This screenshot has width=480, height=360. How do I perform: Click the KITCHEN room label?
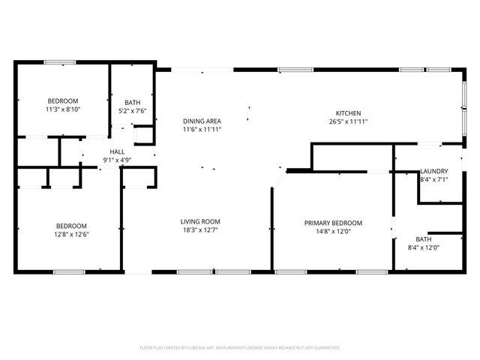click(348, 112)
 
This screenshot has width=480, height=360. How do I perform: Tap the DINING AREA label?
click(202, 120)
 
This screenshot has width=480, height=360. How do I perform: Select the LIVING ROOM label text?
click(200, 221)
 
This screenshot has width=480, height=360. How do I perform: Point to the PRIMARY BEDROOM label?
click(333, 223)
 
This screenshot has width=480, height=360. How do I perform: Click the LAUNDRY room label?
click(434, 171)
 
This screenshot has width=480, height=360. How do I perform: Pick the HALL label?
click(117, 151)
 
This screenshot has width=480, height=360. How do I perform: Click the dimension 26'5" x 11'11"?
click(348, 121)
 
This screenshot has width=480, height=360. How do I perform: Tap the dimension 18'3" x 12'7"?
click(200, 230)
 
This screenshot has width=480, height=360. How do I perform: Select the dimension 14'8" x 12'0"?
click(333, 232)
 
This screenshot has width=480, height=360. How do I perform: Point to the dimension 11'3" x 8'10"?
click(64, 109)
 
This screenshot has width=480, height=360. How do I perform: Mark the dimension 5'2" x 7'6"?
click(133, 111)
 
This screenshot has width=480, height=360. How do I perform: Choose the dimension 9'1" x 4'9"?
click(117, 160)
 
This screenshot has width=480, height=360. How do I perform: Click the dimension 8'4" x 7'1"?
click(434, 180)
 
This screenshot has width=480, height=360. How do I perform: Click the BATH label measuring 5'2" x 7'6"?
click(133, 102)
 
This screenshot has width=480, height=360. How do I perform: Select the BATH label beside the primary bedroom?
click(424, 238)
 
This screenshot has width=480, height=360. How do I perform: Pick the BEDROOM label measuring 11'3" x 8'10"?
click(64, 100)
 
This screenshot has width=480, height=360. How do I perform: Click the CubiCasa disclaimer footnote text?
click(240, 347)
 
